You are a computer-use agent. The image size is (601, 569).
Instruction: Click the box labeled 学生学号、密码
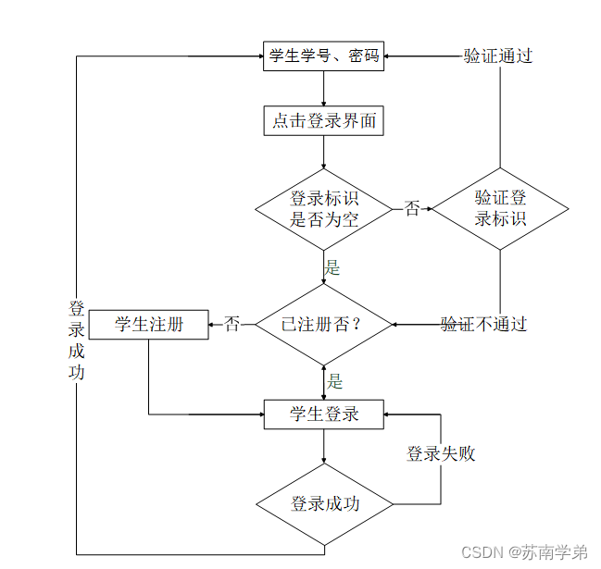tap(324, 56)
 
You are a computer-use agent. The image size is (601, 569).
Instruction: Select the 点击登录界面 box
tap(324, 121)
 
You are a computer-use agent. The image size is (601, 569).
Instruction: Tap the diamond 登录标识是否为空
tap(324, 209)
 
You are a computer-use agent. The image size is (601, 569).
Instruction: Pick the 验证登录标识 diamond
tap(501, 209)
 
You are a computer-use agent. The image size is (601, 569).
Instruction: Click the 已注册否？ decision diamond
tap(324, 325)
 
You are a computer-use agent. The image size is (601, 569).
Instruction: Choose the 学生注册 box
tap(148, 325)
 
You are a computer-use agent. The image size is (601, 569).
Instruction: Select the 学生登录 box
tap(324, 414)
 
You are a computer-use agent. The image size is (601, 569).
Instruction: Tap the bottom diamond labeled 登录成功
tap(324, 504)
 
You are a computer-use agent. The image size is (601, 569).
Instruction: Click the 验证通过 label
tap(498, 56)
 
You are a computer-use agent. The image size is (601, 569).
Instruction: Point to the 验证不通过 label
tap(483, 325)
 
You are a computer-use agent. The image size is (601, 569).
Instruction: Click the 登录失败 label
tap(441, 453)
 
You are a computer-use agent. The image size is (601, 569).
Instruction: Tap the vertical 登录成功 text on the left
tap(77, 340)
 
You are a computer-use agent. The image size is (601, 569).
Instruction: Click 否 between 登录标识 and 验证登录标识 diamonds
tap(412, 209)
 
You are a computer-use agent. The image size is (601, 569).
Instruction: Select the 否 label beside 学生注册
tap(232, 325)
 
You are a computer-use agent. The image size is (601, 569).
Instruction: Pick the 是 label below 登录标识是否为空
tap(332, 268)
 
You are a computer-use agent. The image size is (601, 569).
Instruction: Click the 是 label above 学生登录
tap(334, 380)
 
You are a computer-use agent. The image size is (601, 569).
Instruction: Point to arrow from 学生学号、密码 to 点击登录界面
tap(324, 89)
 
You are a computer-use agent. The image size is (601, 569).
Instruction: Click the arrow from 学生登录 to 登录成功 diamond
tap(324, 448)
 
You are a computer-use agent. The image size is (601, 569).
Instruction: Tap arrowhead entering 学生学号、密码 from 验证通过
tap(389, 56)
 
